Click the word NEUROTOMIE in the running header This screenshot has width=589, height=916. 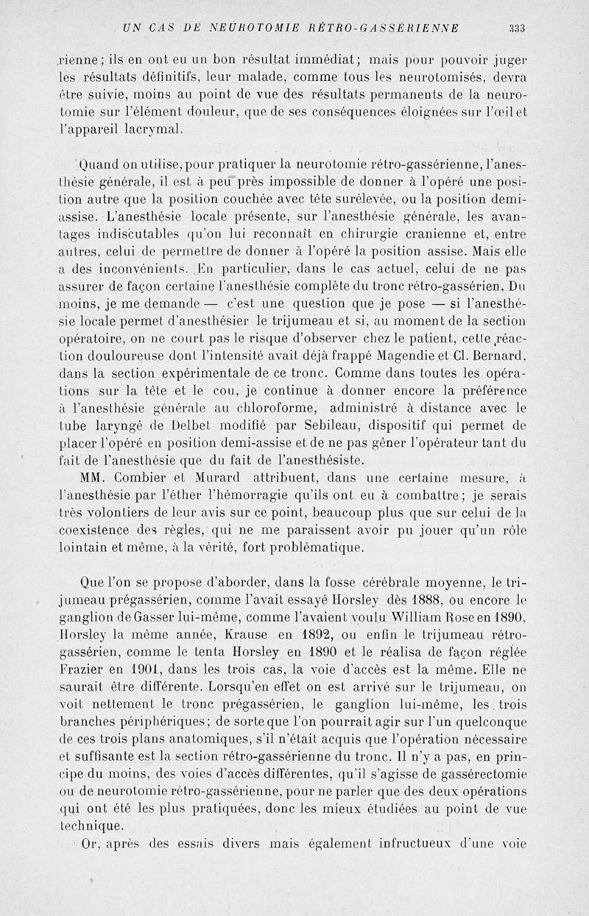pos(239,29)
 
